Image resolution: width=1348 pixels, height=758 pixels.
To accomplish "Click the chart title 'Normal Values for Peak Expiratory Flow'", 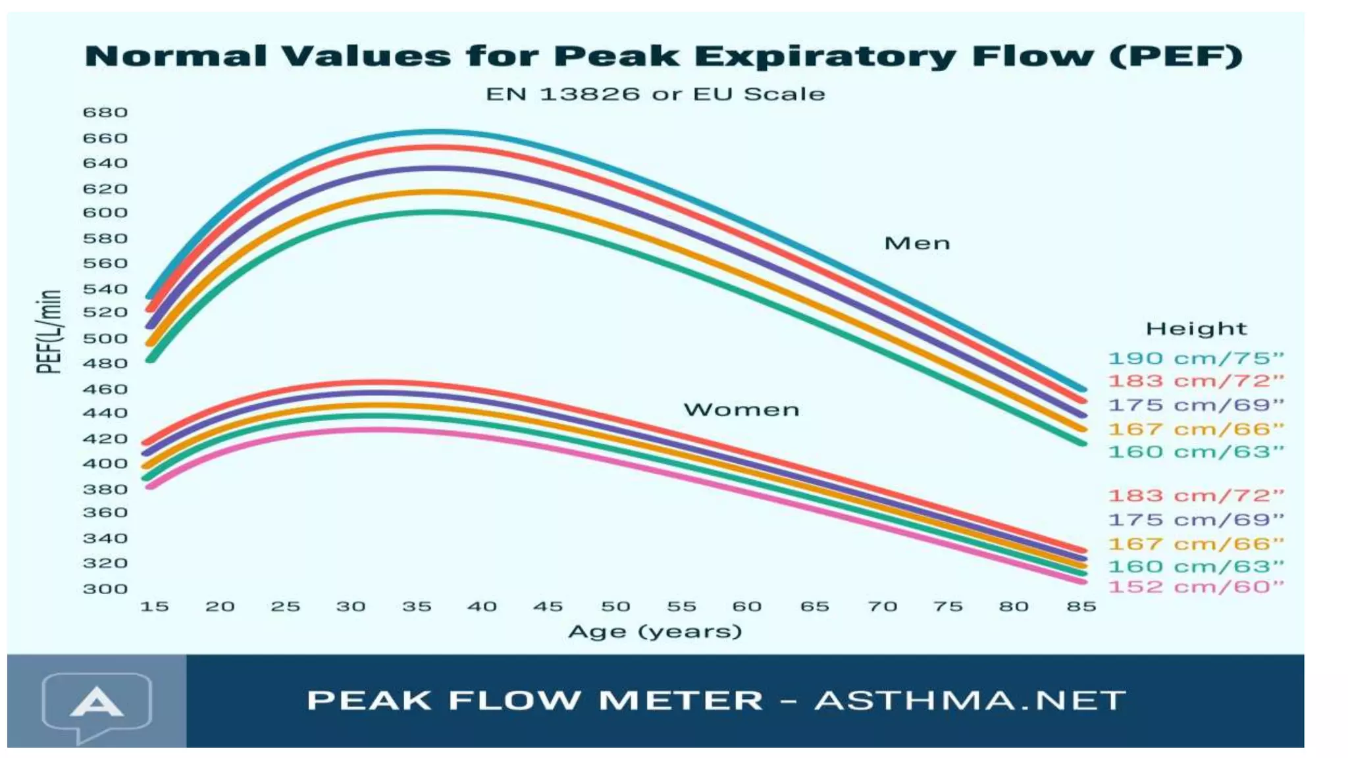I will tap(663, 56).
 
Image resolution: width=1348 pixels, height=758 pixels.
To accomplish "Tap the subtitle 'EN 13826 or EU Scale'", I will tap(655, 94).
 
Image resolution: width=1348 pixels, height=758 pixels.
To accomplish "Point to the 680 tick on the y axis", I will tap(105, 113).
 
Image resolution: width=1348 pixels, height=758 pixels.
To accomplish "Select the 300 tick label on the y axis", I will tap(105, 589).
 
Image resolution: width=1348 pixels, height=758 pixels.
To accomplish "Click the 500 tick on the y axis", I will tap(105, 339).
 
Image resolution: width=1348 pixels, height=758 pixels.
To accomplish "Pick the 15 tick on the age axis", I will tap(155, 607).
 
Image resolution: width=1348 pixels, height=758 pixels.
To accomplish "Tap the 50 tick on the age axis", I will tap(615, 607).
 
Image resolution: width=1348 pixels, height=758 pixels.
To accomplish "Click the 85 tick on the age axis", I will tap(1081, 607).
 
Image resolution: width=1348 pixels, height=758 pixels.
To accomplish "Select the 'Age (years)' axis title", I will tap(655, 632).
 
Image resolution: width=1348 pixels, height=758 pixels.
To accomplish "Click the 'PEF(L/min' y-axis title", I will tap(49, 332).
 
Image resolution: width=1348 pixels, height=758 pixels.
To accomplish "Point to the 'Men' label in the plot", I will tap(917, 243).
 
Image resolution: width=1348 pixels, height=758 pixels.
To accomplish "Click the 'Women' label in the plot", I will tap(742, 410).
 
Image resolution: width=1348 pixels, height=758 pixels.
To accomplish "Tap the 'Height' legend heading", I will tap(1196, 328).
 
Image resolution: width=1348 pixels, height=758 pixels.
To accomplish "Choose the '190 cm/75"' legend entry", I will tap(1196, 359).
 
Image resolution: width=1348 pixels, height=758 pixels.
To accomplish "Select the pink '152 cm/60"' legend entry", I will tap(1196, 587).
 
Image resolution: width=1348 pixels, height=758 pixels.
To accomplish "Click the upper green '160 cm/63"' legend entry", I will tap(1196, 452).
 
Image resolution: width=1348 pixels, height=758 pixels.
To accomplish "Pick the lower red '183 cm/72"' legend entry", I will tap(1196, 495).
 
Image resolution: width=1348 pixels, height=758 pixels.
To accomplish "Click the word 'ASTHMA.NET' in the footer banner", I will tap(970, 701).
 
